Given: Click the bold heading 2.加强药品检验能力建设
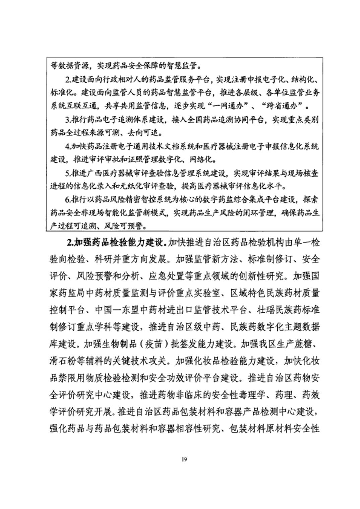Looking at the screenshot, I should coord(116,242).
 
